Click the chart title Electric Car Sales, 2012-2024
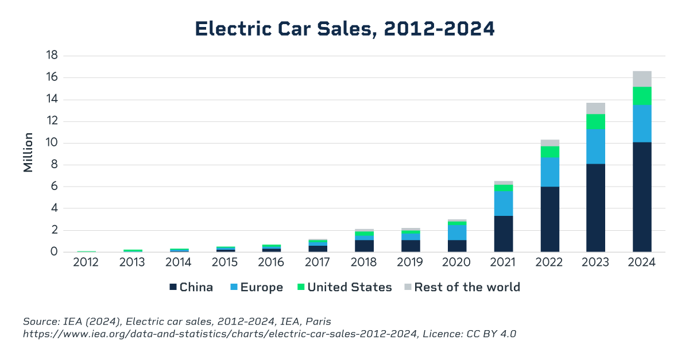coord(344,29)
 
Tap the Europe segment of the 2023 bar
coord(595,146)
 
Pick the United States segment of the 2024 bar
coord(642,96)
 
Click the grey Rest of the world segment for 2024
coord(642,79)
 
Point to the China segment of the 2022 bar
coord(549,219)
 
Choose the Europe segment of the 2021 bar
coord(504,204)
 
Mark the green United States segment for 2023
coord(595,122)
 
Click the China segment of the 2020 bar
coord(457,246)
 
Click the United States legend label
coord(350,287)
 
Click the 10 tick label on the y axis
coord(53,143)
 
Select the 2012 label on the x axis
coord(86,263)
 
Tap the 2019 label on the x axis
coord(411,263)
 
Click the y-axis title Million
coord(28,153)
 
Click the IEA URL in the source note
coord(220,334)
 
